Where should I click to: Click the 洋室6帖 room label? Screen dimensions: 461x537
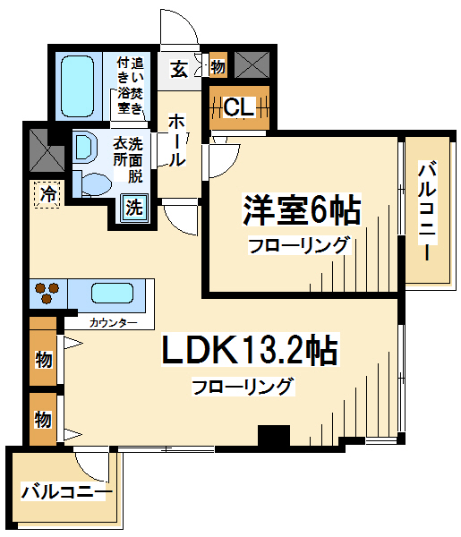(302, 209)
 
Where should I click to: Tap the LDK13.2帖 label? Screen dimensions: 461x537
(250, 350)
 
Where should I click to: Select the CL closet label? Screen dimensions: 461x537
(239, 107)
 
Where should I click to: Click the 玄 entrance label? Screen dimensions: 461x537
(179, 70)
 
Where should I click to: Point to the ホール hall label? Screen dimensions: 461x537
(177, 141)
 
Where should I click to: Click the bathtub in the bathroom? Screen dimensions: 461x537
(77, 86)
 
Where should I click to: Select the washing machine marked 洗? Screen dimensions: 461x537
(134, 208)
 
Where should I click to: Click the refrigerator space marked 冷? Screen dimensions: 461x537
(47, 194)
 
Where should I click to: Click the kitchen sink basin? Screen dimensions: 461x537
(112, 294)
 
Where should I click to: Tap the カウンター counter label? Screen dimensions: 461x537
(113, 322)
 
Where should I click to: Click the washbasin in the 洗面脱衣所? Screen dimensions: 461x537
(86, 147)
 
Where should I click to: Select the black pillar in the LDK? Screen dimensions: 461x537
(274, 435)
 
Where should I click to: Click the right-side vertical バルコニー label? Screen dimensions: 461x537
(428, 212)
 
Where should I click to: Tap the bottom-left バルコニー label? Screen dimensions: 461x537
(67, 491)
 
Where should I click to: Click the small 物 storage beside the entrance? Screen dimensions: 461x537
(218, 64)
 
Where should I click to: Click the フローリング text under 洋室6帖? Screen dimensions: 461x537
(300, 245)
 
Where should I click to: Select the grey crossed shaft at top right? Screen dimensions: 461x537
(252, 64)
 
